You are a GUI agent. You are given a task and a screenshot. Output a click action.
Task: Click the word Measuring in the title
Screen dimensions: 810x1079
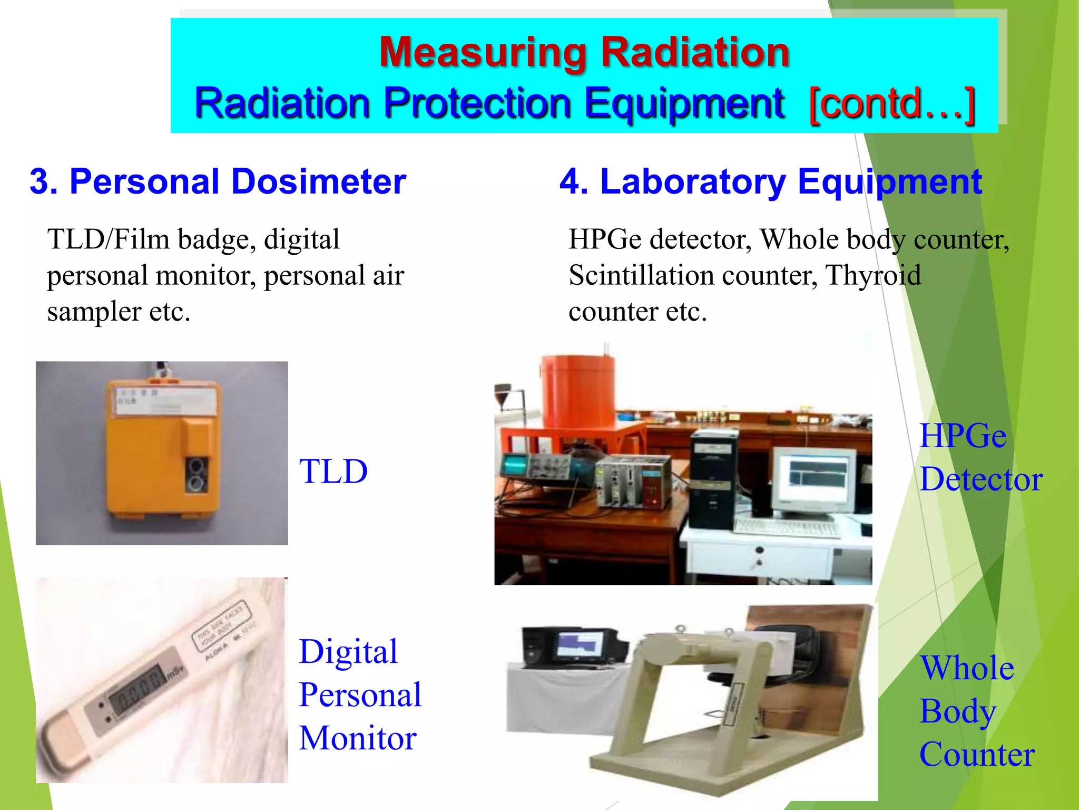(482, 53)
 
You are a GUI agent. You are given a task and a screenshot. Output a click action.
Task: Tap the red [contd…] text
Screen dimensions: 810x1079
(892, 104)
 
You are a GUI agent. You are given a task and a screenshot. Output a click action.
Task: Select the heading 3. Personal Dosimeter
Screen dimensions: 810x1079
(218, 181)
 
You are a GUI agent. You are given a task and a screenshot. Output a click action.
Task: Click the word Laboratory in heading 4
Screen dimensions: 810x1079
(693, 181)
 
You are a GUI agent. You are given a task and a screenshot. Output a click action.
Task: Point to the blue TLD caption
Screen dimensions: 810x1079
(333, 471)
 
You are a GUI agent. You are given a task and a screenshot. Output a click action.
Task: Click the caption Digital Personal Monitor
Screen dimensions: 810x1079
(360, 694)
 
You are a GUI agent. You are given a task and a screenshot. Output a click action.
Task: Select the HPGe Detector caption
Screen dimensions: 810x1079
(980, 457)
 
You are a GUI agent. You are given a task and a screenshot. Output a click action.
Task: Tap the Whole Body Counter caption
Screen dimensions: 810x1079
(976, 710)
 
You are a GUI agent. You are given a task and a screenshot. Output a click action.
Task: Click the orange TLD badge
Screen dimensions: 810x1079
(158, 454)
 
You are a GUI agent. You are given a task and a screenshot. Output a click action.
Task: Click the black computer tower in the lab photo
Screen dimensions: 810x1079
(712, 480)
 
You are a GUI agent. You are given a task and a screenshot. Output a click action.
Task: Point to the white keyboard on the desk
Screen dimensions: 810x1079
(788, 527)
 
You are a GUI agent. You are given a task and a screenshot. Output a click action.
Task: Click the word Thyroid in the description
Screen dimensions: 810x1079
(873, 275)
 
